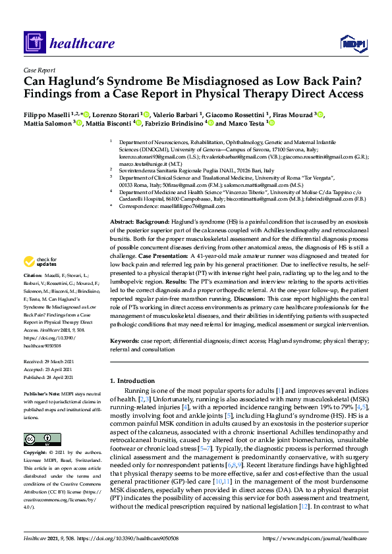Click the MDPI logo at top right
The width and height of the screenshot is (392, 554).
[351, 43]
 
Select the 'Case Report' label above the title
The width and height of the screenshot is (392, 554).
[40, 70]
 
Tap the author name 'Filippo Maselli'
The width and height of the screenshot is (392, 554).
[47, 114]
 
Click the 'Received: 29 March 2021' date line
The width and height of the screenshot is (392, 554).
[53, 362]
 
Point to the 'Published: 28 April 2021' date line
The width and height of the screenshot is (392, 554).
[53, 378]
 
